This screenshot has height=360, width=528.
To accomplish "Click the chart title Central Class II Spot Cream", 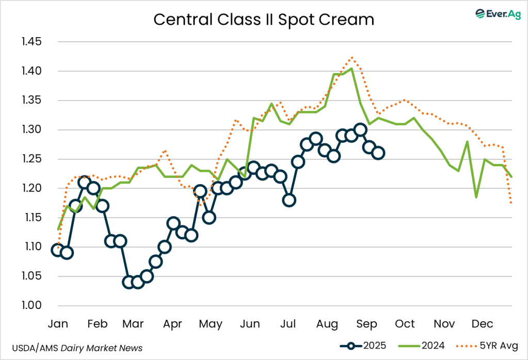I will (264, 20).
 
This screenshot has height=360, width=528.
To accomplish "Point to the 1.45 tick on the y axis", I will (31, 42).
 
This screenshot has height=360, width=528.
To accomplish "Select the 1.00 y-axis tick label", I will (31, 305).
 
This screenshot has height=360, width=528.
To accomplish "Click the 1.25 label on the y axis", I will (31, 159).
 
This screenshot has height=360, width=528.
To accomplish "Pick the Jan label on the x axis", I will (58, 324).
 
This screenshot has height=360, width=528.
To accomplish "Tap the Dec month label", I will (482, 324).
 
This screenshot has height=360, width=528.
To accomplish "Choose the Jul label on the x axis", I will (289, 324).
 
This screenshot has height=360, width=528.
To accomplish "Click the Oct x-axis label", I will (405, 324).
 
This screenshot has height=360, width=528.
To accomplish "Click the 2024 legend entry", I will (423, 346).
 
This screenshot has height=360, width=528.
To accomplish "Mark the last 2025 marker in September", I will (378, 153).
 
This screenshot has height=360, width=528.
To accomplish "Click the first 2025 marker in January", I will (58, 250).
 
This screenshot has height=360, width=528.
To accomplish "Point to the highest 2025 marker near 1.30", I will (361, 129).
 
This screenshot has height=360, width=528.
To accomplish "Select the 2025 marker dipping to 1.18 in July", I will (289, 200).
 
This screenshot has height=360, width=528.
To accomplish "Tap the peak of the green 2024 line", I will (351, 68).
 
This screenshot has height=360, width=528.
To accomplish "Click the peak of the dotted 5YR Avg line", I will (352, 57).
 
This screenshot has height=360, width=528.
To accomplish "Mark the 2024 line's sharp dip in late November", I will (476, 197).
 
